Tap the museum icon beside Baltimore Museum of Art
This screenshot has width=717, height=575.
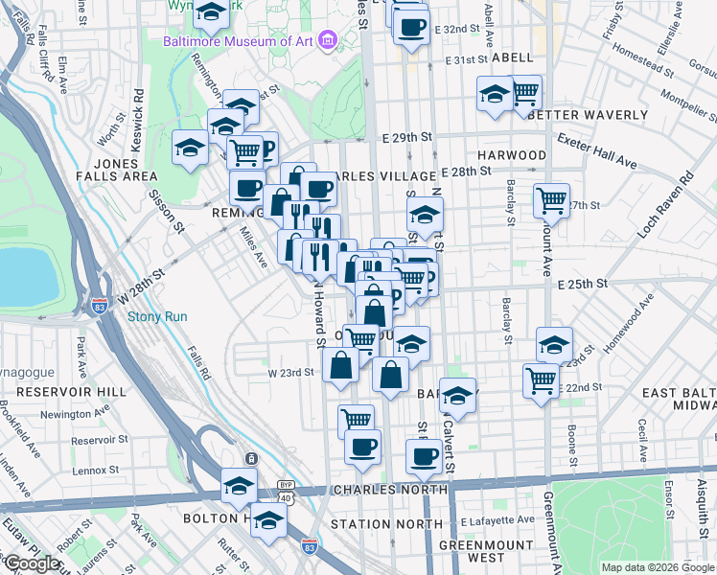pyautogui.click(x=329, y=41)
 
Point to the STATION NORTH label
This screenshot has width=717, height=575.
pyautogui.click(x=374, y=524)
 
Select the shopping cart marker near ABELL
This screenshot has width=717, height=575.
pyautogui.click(x=524, y=93)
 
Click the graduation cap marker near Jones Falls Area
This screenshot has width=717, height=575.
pyautogui.click(x=190, y=149)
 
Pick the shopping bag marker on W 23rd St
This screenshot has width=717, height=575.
pyautogui.click(x=341, y=364)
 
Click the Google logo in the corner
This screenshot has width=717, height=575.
pyautogui.click(x=32, y=563)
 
